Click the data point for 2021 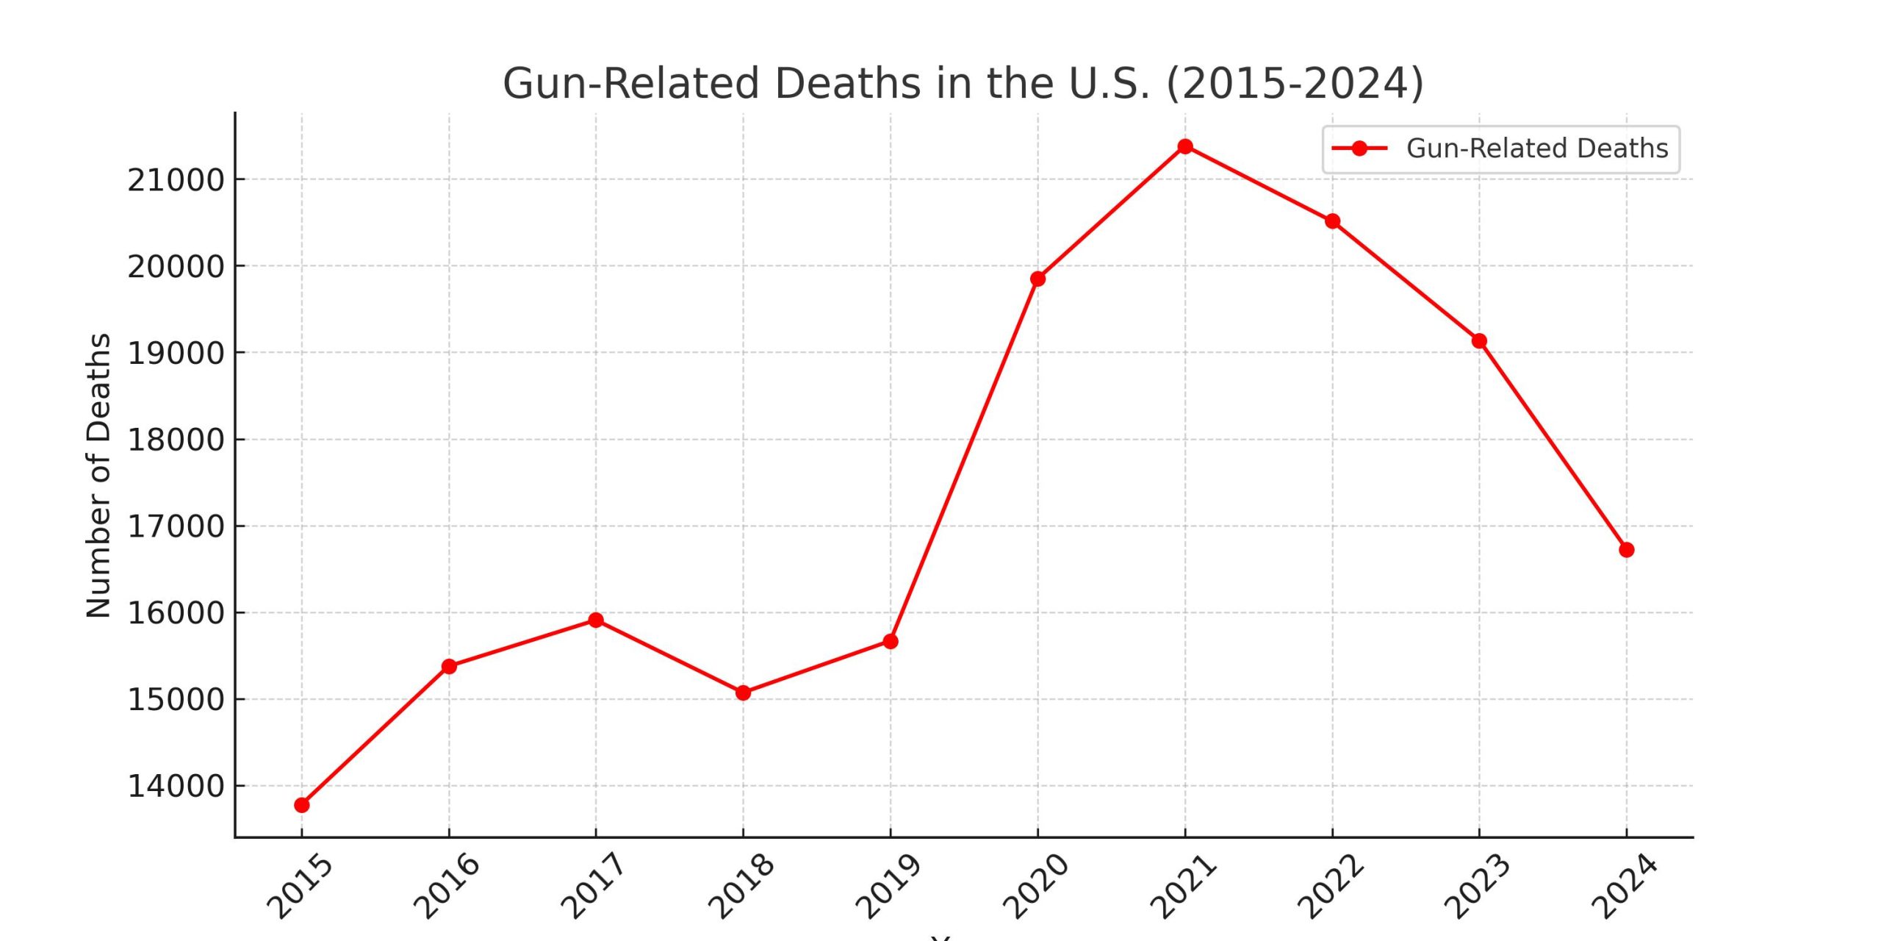click(x=1184, y=146)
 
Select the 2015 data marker click(x=301, y=805)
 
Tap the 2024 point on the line click(x=1626, y=550)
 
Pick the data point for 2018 click(x=743, y=693)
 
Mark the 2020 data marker click(x=1037, y=279)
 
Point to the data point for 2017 click(x=596, y=620)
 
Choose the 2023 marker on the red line click(x=1479, y=341)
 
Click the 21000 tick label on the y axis click(x=176, y=180)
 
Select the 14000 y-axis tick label click(x=176, y=786)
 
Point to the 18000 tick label click(x=176, y=440)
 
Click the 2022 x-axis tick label click(x=1331, y=887)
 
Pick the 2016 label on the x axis click(x=447, y=887)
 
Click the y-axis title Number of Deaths click(x=98, y=476)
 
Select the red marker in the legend click(x=1359, y=149)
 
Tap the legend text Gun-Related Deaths click(x=1537, y=149)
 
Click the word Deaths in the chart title click(x=847, y=83)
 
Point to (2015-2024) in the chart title click(x=1295, y=83)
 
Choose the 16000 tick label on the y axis click(x=176, y=612)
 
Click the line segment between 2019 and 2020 click(x=964, y=460)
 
